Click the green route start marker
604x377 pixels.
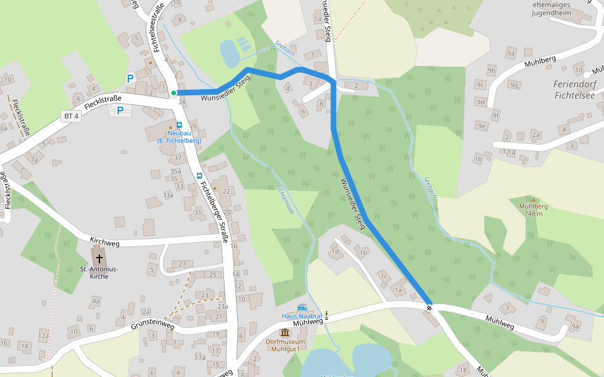[x=174, y=94]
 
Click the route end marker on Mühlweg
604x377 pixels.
[x=430, y=308]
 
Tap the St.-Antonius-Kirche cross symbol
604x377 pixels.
[x=99, y=258]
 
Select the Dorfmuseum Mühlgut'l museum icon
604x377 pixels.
[x=285, y=332]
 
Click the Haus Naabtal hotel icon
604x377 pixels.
[x=302, y=307]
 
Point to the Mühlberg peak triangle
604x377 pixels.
[x=534, y=199]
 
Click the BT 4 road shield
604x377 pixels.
[x=71, y=116]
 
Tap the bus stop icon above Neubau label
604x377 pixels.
[x=179, y=125]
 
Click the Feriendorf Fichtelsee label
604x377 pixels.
[x=573, y=90]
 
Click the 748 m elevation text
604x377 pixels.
[x=534, y=214]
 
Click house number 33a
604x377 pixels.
[x=168, y=195]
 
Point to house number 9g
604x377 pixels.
[x=515, y=85]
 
